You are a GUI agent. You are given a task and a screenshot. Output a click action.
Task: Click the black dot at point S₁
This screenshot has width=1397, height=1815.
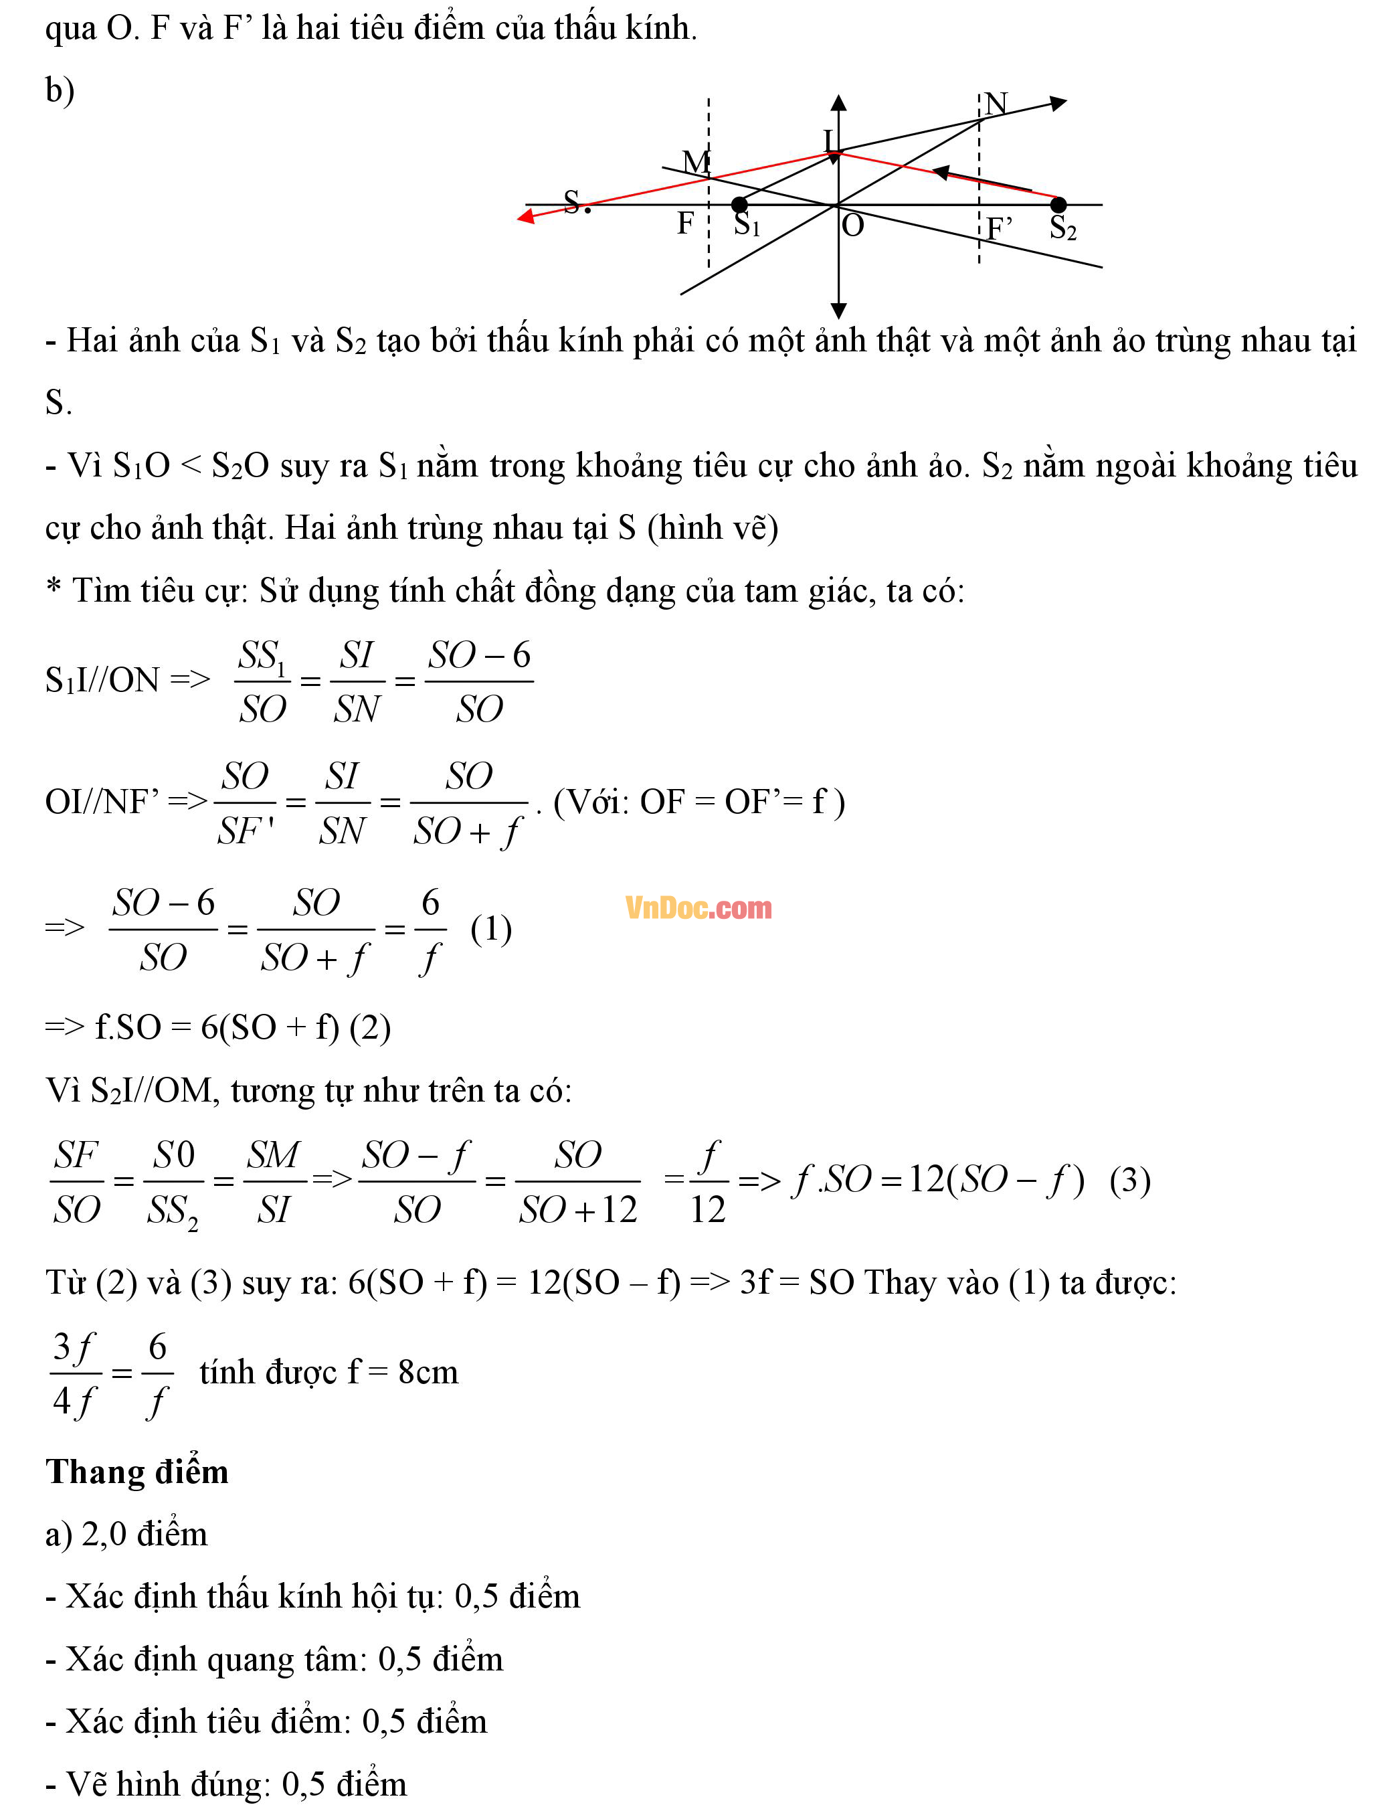(739, 204)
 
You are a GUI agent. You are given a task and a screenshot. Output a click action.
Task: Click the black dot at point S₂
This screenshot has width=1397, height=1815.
(1058, 204)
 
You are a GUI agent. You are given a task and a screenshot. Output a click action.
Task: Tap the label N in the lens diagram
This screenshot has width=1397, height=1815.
(996, 103)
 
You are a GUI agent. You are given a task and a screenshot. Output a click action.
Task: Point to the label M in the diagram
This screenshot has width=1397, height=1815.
(696, 161)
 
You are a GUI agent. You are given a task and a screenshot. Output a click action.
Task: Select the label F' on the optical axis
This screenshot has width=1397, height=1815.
(999, 228)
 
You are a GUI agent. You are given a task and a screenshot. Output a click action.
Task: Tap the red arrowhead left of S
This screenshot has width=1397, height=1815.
(526, 217)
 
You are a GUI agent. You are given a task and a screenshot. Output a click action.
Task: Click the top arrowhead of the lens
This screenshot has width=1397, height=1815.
(838, 103)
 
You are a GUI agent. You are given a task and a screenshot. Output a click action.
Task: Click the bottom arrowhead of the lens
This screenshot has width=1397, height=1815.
(838, 311)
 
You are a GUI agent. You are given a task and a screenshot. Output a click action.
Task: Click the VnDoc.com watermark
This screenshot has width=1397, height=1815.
(698, 907)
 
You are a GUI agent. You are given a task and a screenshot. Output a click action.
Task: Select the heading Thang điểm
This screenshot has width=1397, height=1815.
(136, 1471)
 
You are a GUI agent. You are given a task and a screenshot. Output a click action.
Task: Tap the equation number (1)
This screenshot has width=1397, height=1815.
(490, 928)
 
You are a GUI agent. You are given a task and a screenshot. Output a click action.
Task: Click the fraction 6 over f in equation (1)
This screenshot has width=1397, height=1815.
(430, 929)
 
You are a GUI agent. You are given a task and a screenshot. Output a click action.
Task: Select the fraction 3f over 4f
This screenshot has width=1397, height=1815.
(75, 1373)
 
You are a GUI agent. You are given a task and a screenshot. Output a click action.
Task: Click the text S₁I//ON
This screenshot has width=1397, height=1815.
(102, 680)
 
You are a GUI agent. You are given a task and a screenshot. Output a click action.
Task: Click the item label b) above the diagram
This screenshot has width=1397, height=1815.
(60, 90)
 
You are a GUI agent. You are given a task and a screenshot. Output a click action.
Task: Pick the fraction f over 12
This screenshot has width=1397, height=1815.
(708, 1182)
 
